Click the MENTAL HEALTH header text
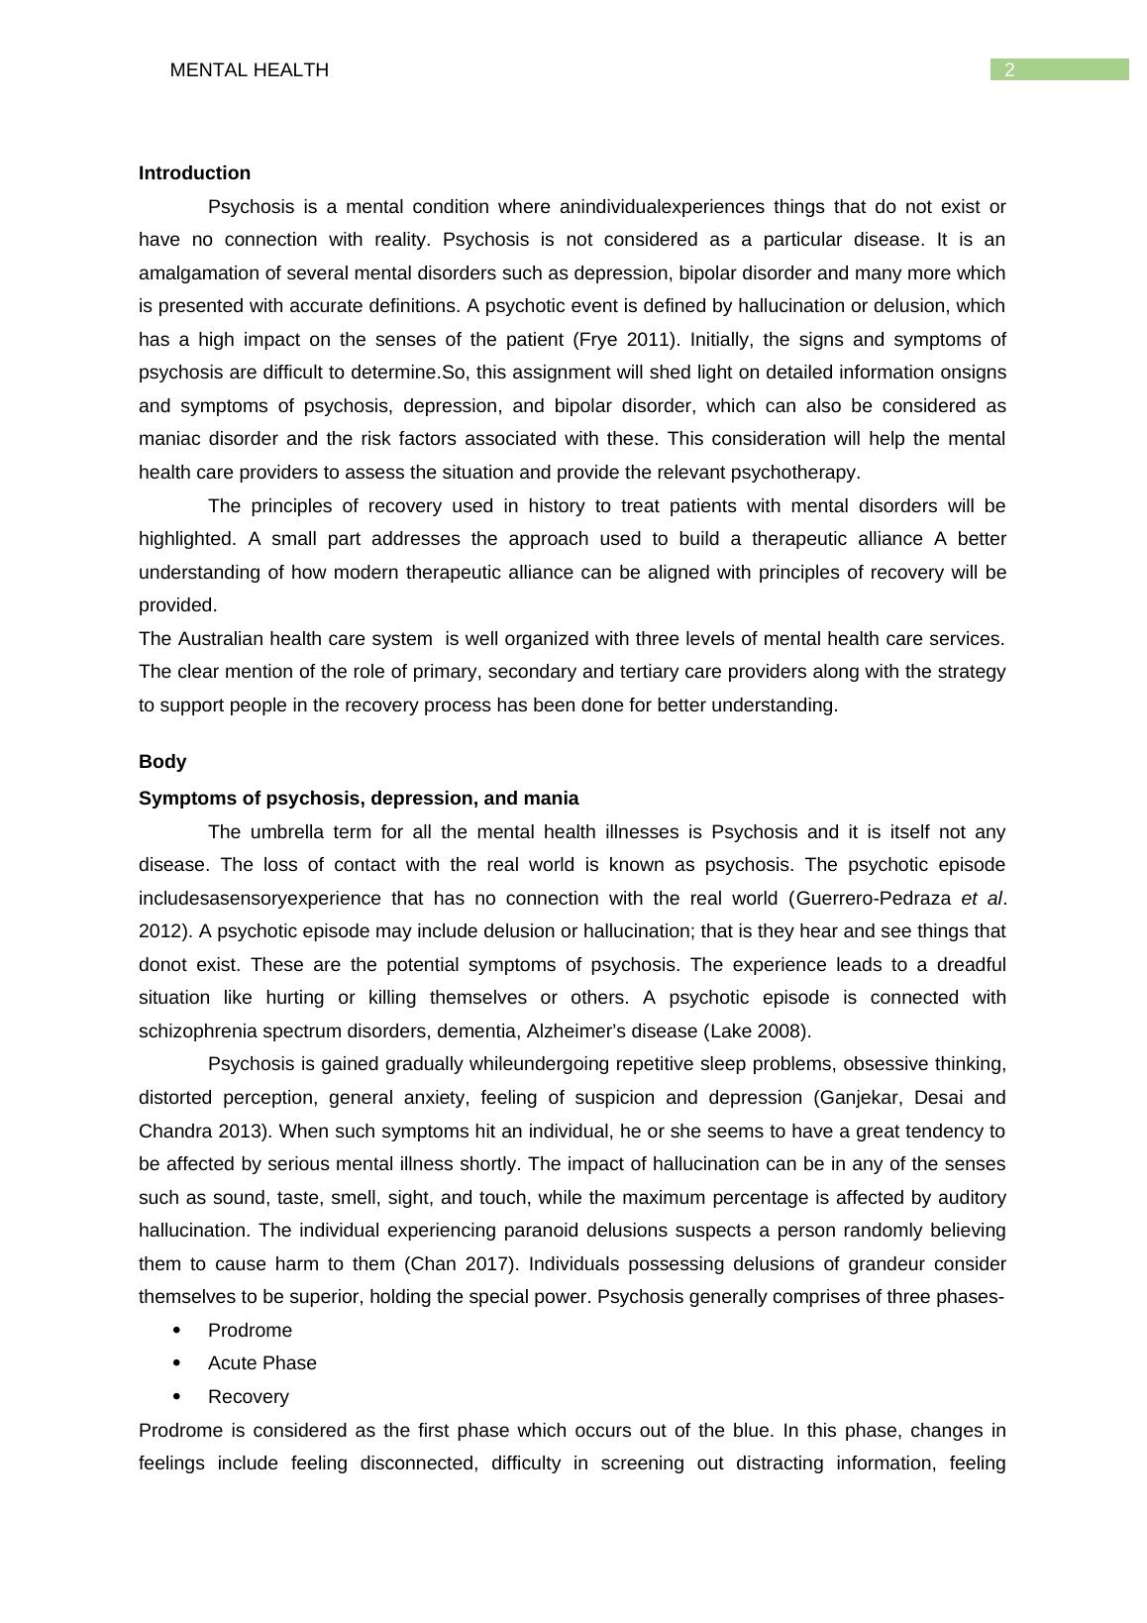tap(249, 70)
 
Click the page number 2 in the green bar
tap(1009, 69)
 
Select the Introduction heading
tap(194, 173)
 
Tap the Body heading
tap(162, 762)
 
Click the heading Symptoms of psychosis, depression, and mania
tap(359, 799)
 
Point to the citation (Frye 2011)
tap(626, 340)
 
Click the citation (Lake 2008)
tap(757, 1031)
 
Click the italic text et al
tap(982, 899)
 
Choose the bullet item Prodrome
tap(250, 1331)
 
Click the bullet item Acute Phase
tap(261, 1363)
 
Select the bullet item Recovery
tap(248, 1397)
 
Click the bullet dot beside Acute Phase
tap(177, 1363)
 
